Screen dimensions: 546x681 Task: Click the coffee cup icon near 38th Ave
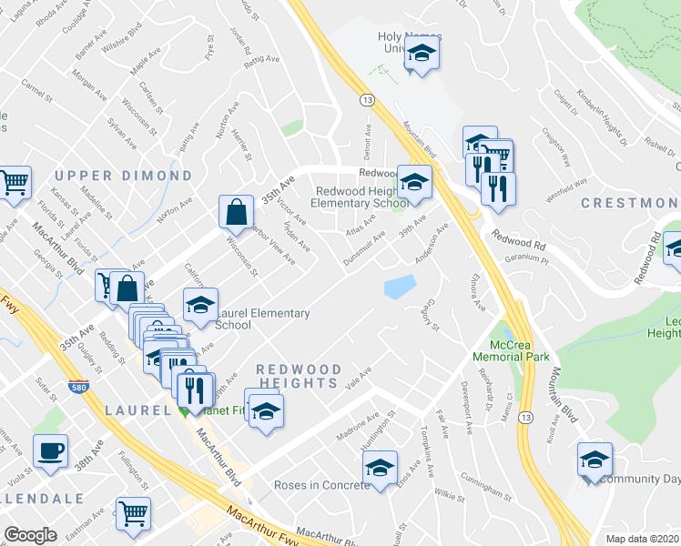pyautogui.click(x=50, y=450)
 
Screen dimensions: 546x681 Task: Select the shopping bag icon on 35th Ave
pyautogui.click(x=236, y=212)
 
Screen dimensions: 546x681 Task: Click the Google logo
pyautogui.click(x=31, y=535)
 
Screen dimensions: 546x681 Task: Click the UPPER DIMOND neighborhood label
pyautogui.click(x=123, y=176)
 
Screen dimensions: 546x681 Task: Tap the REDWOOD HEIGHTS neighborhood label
pyautogui.click(x=299, y=377)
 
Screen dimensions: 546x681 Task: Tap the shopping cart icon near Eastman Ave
pyautogui.click(x=134, y=512)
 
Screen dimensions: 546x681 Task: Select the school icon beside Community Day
pyautogui.click(x=595, y=460)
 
